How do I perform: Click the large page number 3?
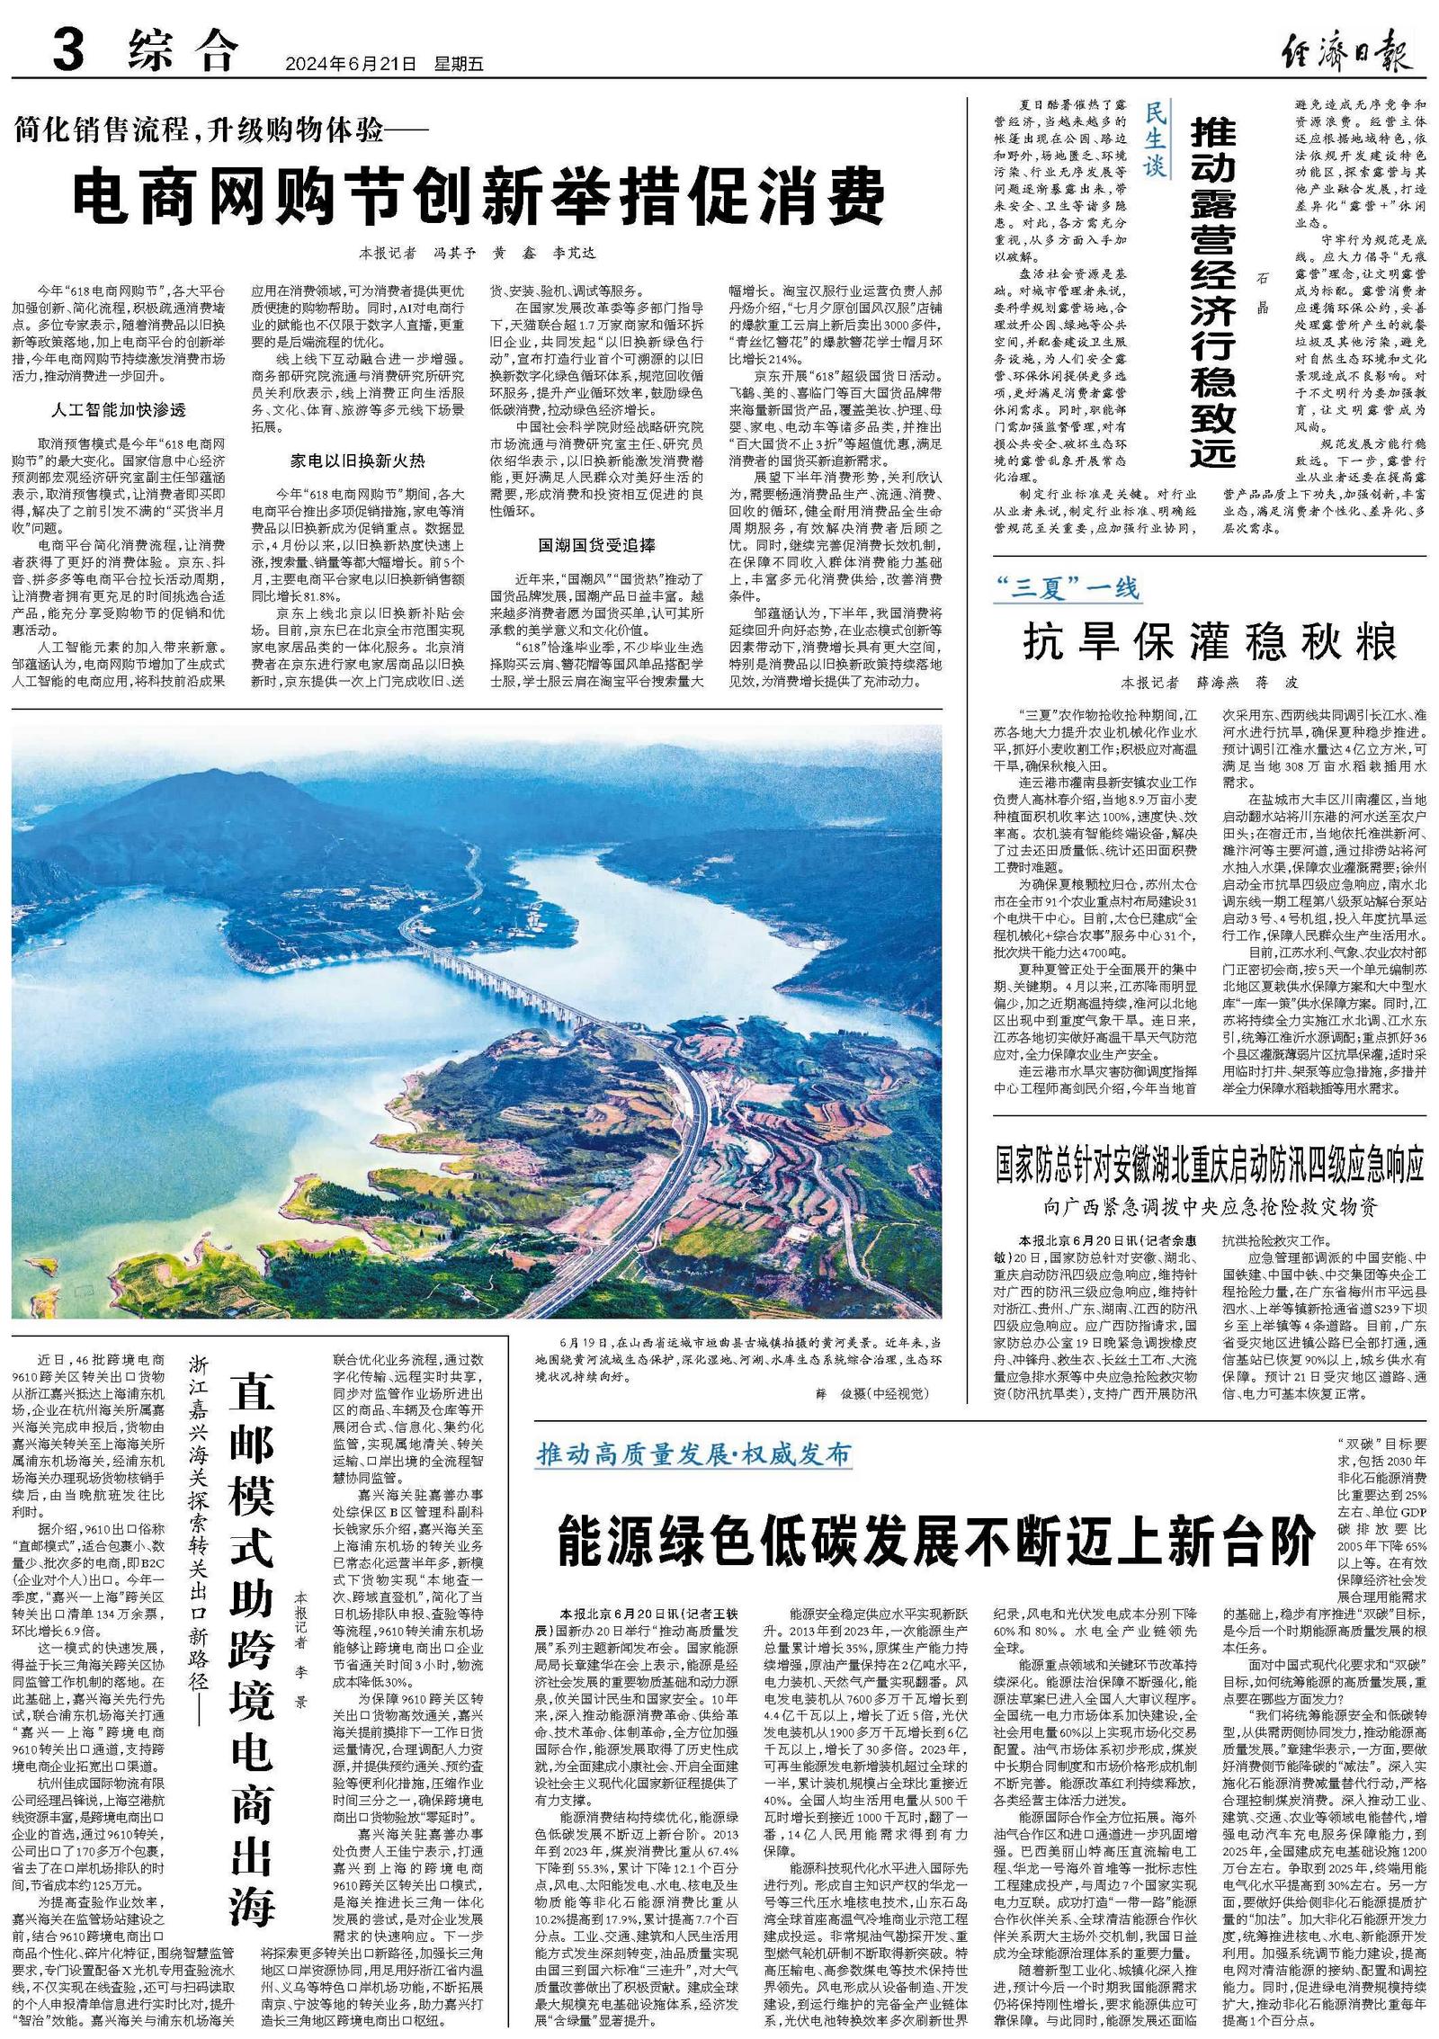69,49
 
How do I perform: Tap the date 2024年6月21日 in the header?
352,64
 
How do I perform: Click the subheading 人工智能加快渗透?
119,410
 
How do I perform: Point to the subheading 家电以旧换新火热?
357,461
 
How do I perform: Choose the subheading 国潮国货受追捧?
596,545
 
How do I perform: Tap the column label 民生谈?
1155,139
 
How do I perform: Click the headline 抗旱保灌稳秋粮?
1210,642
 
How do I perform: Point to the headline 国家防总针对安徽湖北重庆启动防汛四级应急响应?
1210,1166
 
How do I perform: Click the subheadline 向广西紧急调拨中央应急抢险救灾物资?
1210,1206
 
